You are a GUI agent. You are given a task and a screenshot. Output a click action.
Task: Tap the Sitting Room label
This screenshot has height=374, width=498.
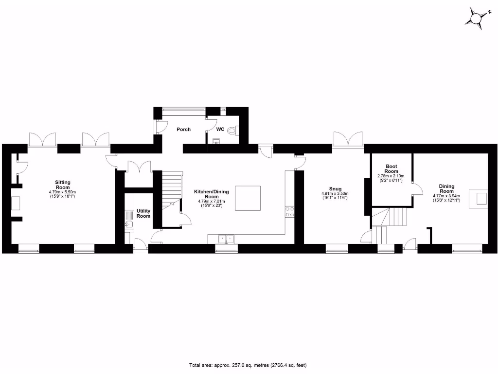pyautogui.click(x=62, y=184)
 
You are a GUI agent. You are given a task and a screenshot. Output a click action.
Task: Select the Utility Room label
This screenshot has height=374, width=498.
pyautogui.click(x=143, y=213)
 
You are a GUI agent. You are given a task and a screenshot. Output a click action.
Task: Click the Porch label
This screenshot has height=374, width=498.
pyautogui.click(x=184, y=130)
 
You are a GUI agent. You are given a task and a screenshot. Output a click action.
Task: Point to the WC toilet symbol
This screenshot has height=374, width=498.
pyautogui.click(x=235, y=131)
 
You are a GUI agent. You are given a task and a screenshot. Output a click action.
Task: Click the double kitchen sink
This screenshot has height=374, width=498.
pyautogui.click(x=226, y=239)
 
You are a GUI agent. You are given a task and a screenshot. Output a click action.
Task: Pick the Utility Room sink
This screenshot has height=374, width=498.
pyautogui.click(x=129, y=224)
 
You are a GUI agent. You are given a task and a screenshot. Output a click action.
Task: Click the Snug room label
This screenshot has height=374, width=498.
pyautogui.click(x=335, y=189)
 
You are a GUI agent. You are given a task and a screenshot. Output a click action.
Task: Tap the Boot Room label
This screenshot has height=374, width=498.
pyautogui.click(x=391, y=168)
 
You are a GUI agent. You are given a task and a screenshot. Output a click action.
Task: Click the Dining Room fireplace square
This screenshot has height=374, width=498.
pyautogui.click(x=481, y=198)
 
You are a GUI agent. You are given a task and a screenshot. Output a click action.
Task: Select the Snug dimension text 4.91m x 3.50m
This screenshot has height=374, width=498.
pyautogui.click(x=335, y=194)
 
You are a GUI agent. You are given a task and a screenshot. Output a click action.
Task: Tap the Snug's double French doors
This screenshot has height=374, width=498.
pyautogui.click(x=348, y=139)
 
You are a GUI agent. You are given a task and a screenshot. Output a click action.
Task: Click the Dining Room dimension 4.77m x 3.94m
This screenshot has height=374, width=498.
pyautogui.click(x=446, y=196)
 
